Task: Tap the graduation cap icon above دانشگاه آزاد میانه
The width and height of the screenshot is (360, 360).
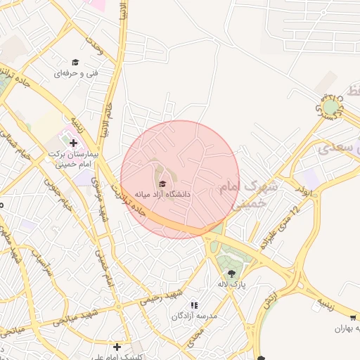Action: [163, 184]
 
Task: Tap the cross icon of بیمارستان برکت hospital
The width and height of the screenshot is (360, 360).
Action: [73, 143]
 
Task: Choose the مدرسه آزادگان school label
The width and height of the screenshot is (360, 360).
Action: [195, 316]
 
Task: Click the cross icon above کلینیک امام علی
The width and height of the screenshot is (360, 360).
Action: [117, 347]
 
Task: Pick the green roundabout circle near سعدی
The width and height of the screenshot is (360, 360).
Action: [330, 107]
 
